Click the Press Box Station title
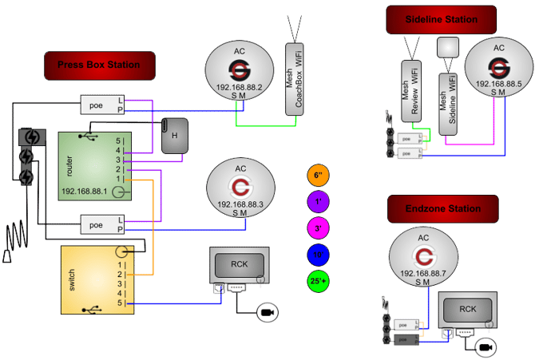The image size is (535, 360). tap(99, 65)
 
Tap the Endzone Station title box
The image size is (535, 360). tap(442, 209)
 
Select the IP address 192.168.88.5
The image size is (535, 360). tap(498, 83)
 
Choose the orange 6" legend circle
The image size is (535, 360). tap(318, 176)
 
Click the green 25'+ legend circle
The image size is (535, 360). tap(318, 281)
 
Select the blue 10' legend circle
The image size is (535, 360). tap(318, 255)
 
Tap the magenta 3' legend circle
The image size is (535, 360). tap(318, 228)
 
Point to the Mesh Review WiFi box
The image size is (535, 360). tap(411, 93)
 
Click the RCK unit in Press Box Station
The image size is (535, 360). tap(238, 265)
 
